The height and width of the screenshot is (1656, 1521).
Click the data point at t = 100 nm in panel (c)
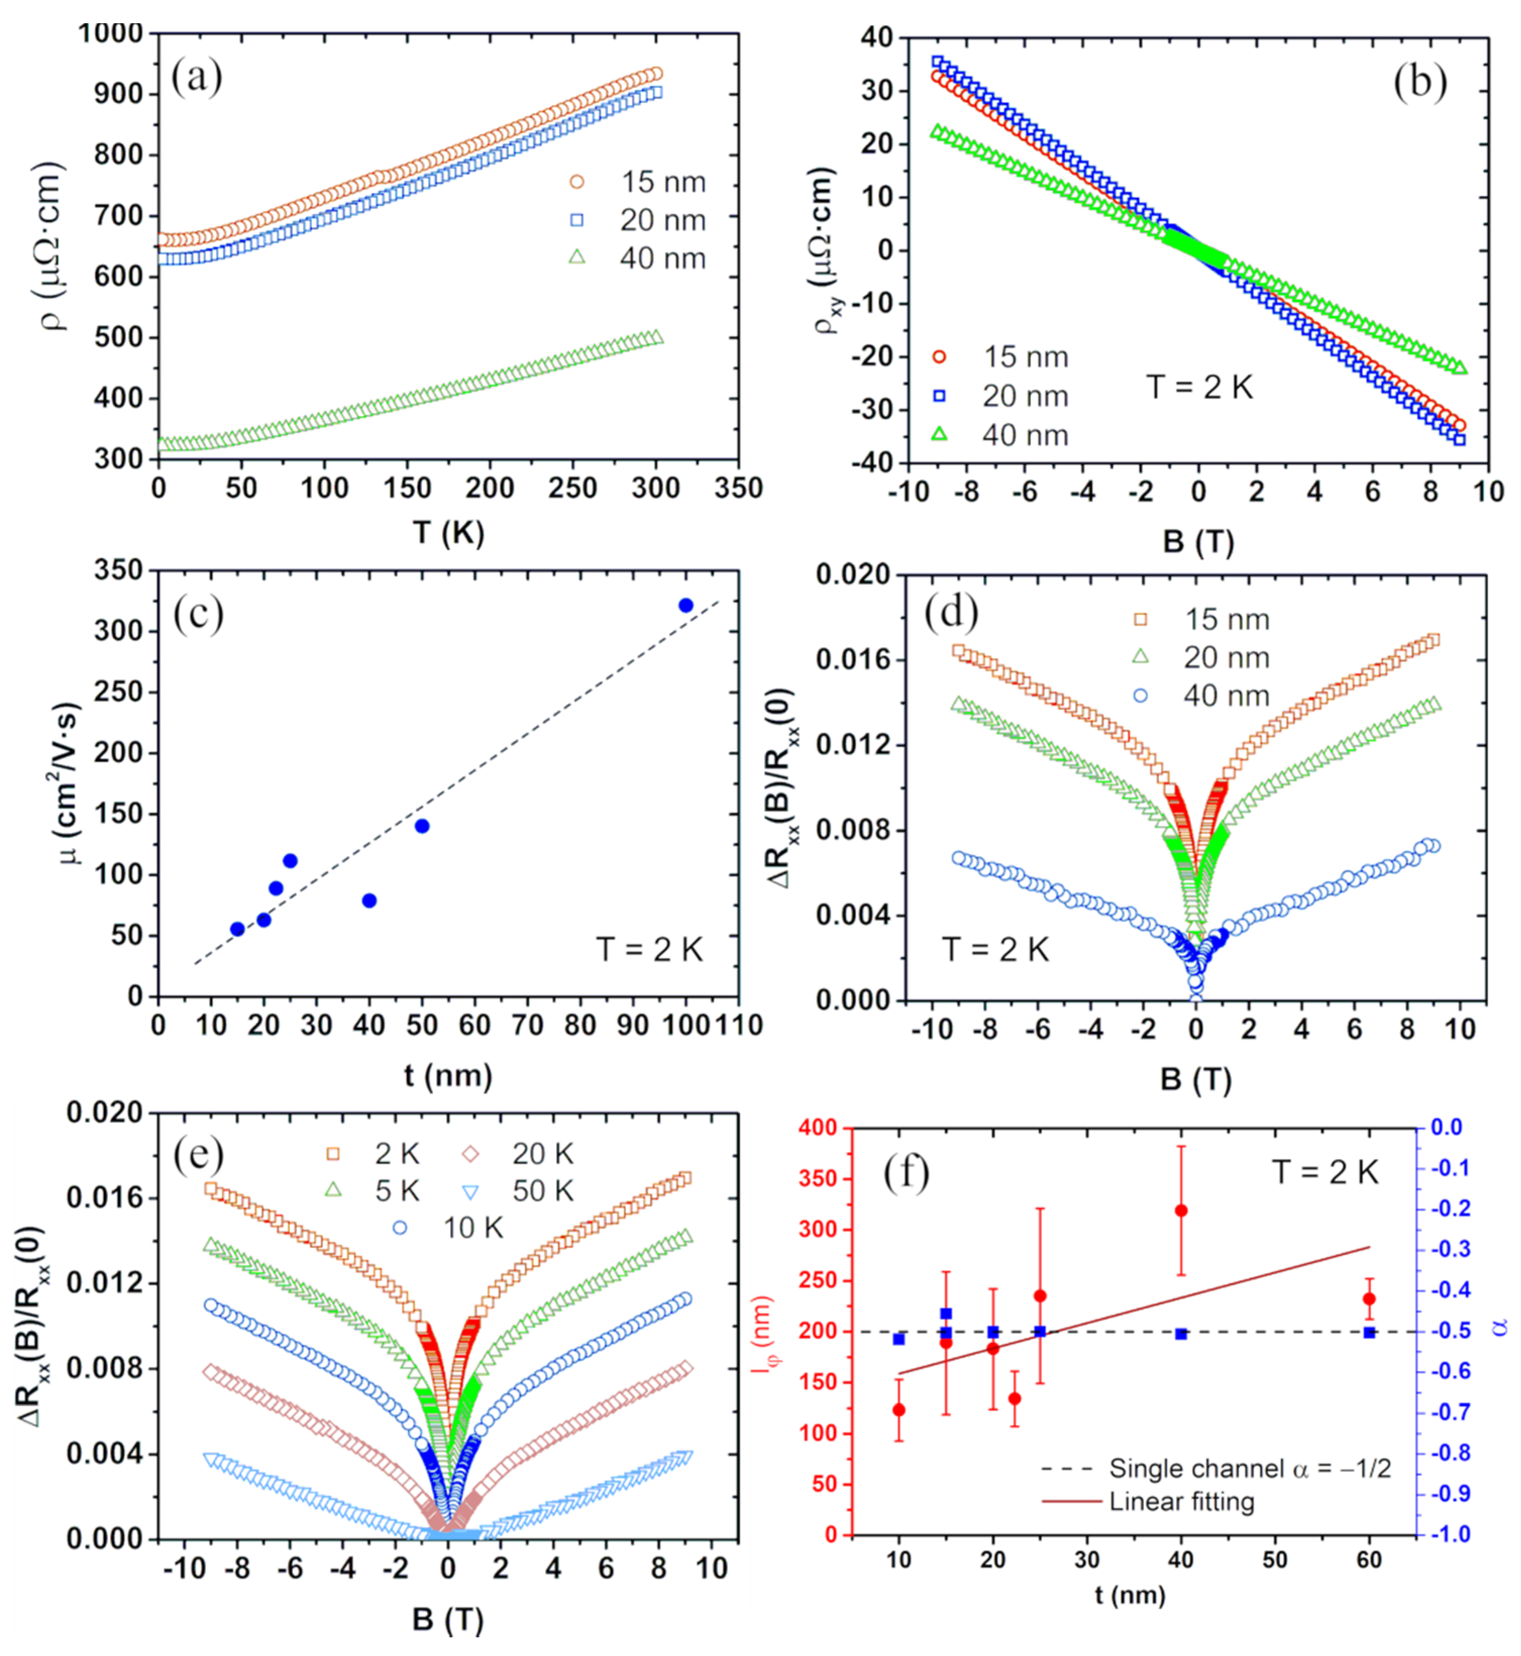pos(686,606)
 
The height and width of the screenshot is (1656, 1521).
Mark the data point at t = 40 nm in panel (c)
pos(369,900)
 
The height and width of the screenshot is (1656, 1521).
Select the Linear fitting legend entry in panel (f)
pos(1148,1502)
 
